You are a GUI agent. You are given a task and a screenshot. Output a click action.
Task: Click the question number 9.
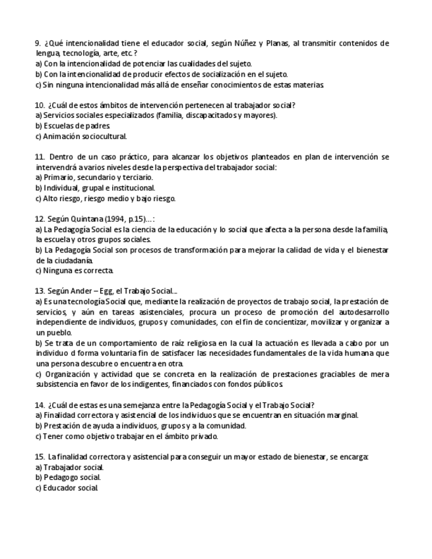(38, 44)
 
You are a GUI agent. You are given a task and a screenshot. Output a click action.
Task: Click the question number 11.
(40, 157)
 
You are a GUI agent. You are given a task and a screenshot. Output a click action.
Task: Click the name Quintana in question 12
(85, 219)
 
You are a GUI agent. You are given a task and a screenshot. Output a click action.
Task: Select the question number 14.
(40, 405)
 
